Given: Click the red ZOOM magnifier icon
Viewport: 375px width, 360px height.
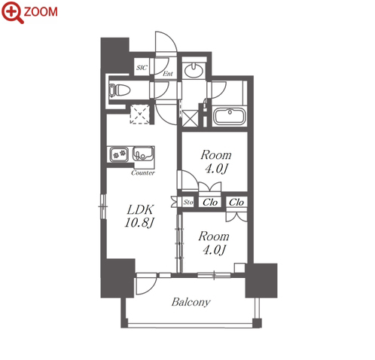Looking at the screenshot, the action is (13, 12).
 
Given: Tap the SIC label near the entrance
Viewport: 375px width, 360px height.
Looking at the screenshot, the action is (142, 68).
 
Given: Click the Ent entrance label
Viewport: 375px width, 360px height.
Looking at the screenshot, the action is (168, 74).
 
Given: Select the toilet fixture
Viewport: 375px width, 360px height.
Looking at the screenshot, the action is (120, 90).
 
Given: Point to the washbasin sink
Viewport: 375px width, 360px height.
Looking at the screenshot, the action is (194, 70).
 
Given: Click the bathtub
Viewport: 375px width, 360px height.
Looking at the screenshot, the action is (230, 116).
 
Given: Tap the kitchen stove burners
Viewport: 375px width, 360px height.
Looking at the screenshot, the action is (119, 154).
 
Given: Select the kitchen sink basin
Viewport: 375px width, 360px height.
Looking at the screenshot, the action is (143, 154).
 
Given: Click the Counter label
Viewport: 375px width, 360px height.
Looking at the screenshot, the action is (143, 172).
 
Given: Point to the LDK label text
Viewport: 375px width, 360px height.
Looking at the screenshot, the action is (140, 209).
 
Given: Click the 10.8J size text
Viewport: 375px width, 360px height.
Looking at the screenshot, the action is (139, 222).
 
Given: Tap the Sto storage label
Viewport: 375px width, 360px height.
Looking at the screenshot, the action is (188, 202).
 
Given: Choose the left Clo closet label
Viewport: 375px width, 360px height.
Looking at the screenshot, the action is (210, 202).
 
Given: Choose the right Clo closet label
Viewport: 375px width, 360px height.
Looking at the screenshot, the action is (236, 202).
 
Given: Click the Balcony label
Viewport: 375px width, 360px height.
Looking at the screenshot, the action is (191, 302).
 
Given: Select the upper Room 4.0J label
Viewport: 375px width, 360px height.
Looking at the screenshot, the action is (216, 162).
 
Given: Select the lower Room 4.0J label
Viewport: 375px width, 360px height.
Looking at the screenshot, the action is (214, 243).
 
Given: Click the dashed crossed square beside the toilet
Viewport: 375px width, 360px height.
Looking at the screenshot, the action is (139, 114).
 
